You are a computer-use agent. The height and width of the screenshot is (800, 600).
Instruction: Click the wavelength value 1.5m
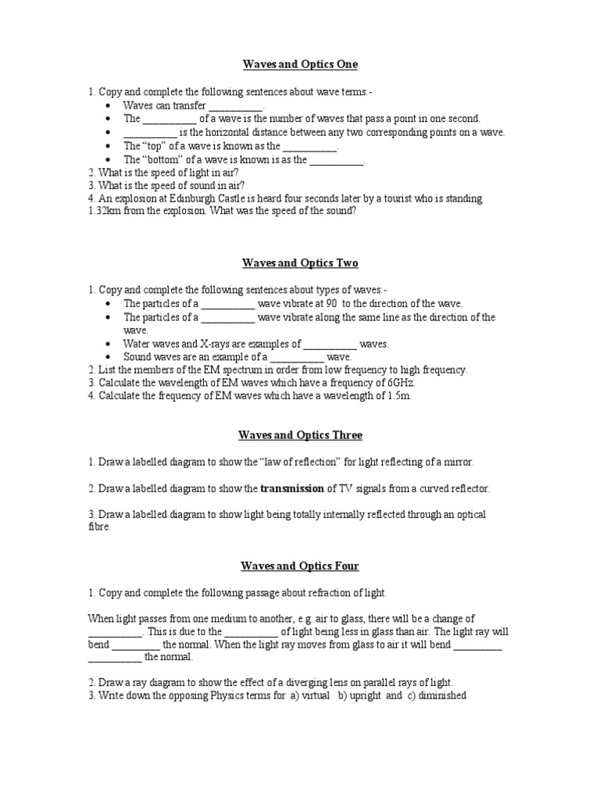[x=394, y=396]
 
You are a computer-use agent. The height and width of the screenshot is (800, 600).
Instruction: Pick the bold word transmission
[x=291, y=488]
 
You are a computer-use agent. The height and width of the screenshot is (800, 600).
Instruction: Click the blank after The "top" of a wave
[x=309, y=146]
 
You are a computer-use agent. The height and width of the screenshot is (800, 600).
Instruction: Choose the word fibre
[x=99, y=527]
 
